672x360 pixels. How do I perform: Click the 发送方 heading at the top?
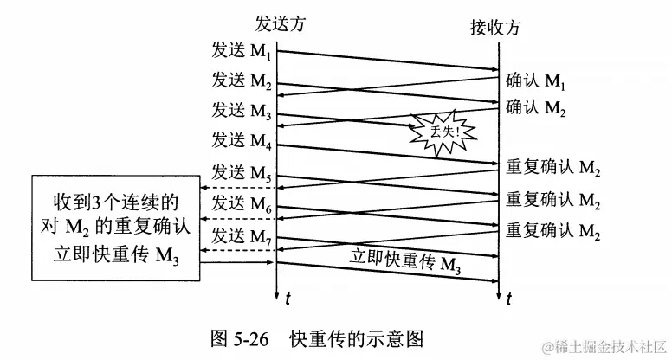tap(280, 22)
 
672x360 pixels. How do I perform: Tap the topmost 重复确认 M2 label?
tap(554, 169)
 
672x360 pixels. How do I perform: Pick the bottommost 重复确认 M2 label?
tap(554, 232)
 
